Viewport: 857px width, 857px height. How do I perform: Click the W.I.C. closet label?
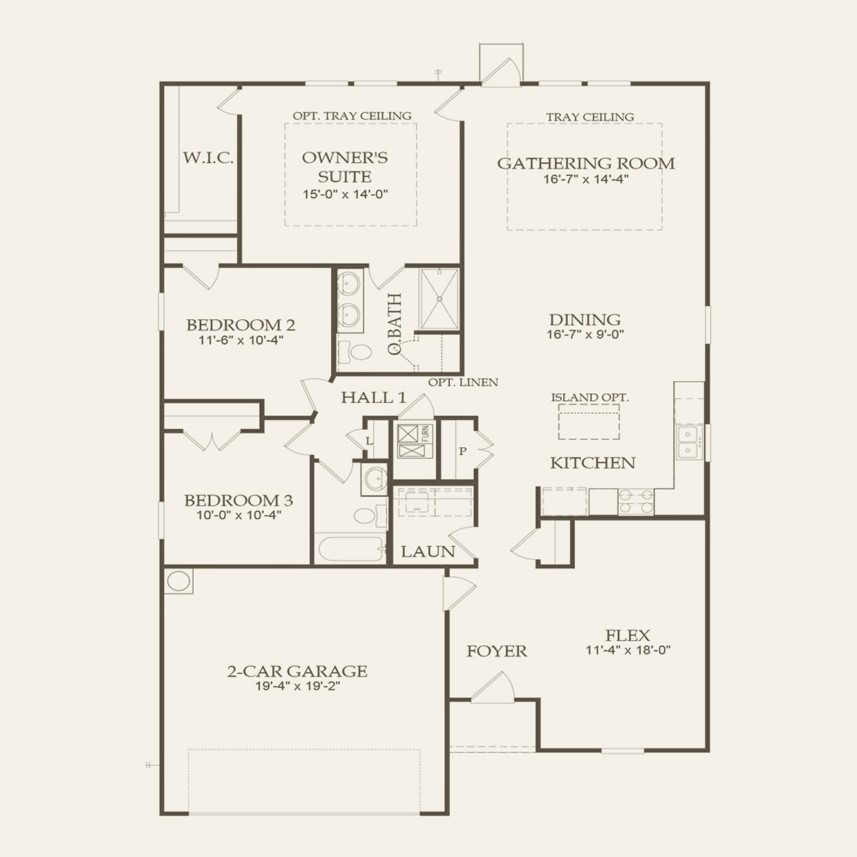coord(208,158)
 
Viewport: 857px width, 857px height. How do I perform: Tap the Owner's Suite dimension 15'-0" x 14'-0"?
coord(345,194)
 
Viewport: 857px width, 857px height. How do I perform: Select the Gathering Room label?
coord(585,164)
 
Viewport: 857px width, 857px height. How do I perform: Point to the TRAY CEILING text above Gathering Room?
coord(590,117)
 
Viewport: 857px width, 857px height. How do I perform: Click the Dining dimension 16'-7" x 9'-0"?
coord(585,335)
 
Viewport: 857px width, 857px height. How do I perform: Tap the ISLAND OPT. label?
coord(590,397)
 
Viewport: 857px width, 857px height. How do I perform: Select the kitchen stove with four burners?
coord(636,501)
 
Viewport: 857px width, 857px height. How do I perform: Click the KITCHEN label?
coord(592,463)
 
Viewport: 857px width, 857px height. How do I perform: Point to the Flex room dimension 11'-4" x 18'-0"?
coord(628,650)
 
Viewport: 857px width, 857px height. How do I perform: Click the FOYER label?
coord(496,651)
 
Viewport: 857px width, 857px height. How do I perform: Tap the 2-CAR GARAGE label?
coord(297,671)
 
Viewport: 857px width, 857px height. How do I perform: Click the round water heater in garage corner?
coord(178,581)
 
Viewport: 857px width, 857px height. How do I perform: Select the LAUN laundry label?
coord(428,552)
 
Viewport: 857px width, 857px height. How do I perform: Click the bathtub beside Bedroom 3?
coord(350,550)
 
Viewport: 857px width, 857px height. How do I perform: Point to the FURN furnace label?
coord(426,434)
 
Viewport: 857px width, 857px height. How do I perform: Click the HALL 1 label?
coord(373,397)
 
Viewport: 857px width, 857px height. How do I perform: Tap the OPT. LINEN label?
coord(462,382)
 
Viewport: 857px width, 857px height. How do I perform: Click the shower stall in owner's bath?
coord(439,299)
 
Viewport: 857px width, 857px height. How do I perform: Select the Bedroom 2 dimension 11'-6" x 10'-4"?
coord(241,340)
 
